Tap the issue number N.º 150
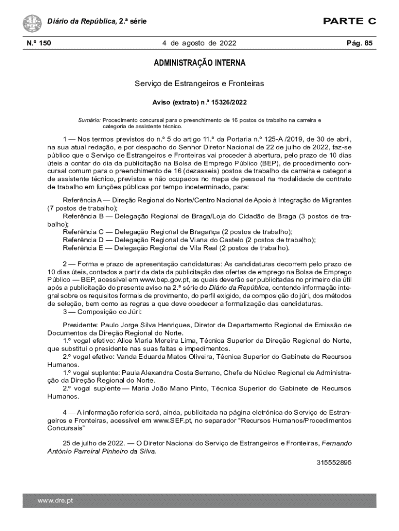[36, 43]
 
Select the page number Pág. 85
[360, 43]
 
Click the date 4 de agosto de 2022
[199, 43]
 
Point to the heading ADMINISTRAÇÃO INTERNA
[199, 63]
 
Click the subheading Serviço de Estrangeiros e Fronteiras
[199, 83]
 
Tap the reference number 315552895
[334, 462]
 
